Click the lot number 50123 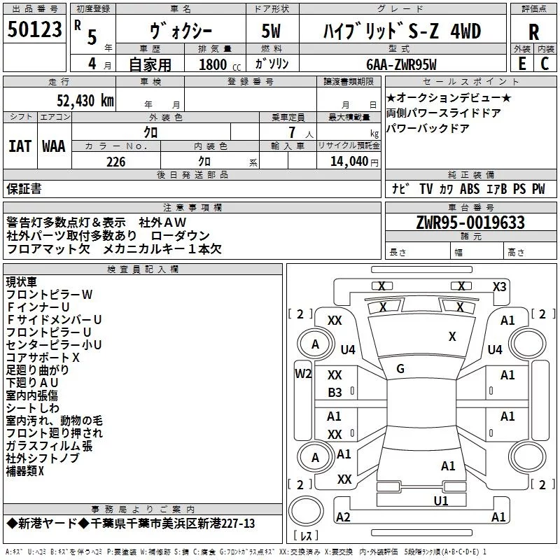(x=36, y=31)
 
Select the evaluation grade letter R (x=533, y=32)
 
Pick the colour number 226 (x=115, y=162)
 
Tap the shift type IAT (x=20, y=146)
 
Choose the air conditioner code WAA (x=54, y=146)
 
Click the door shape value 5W (x=272, y=32)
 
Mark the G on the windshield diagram (x=400, y=368)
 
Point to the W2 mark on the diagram (x=302, y=373)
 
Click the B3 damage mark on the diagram (x=335, y=393)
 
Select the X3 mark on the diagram (x=499, y=286)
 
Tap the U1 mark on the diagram (x=440, y=500)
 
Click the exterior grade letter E (x=521, y=64)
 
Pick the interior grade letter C (x=545, y=64)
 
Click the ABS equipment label (x=470, y=189)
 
